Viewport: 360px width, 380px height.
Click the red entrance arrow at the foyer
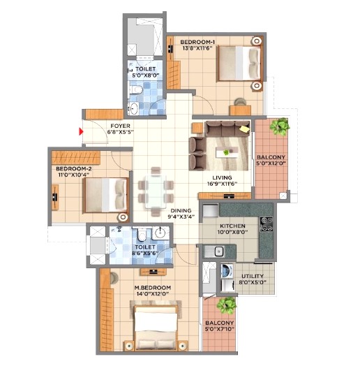81,131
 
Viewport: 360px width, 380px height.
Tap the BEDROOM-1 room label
197,42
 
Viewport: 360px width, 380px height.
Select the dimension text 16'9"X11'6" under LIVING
222,184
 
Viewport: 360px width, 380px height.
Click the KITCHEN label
232,226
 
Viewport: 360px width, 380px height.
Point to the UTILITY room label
253,276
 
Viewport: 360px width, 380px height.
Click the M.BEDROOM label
153,288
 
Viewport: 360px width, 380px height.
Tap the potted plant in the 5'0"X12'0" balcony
280,126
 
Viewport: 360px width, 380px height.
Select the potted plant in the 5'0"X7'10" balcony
227,305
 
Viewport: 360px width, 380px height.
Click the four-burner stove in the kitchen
267,224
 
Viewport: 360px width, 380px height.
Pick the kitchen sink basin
219,251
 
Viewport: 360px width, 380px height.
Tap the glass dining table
156,191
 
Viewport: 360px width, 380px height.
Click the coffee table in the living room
227,152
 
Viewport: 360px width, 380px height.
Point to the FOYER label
120,126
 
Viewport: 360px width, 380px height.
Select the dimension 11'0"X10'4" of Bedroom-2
73,175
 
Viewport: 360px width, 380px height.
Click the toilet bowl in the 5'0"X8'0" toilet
136,89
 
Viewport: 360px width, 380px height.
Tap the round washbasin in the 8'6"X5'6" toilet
160,233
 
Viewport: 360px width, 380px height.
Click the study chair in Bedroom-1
240,102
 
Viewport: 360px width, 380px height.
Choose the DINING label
181,210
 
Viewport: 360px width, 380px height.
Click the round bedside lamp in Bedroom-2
123,217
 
